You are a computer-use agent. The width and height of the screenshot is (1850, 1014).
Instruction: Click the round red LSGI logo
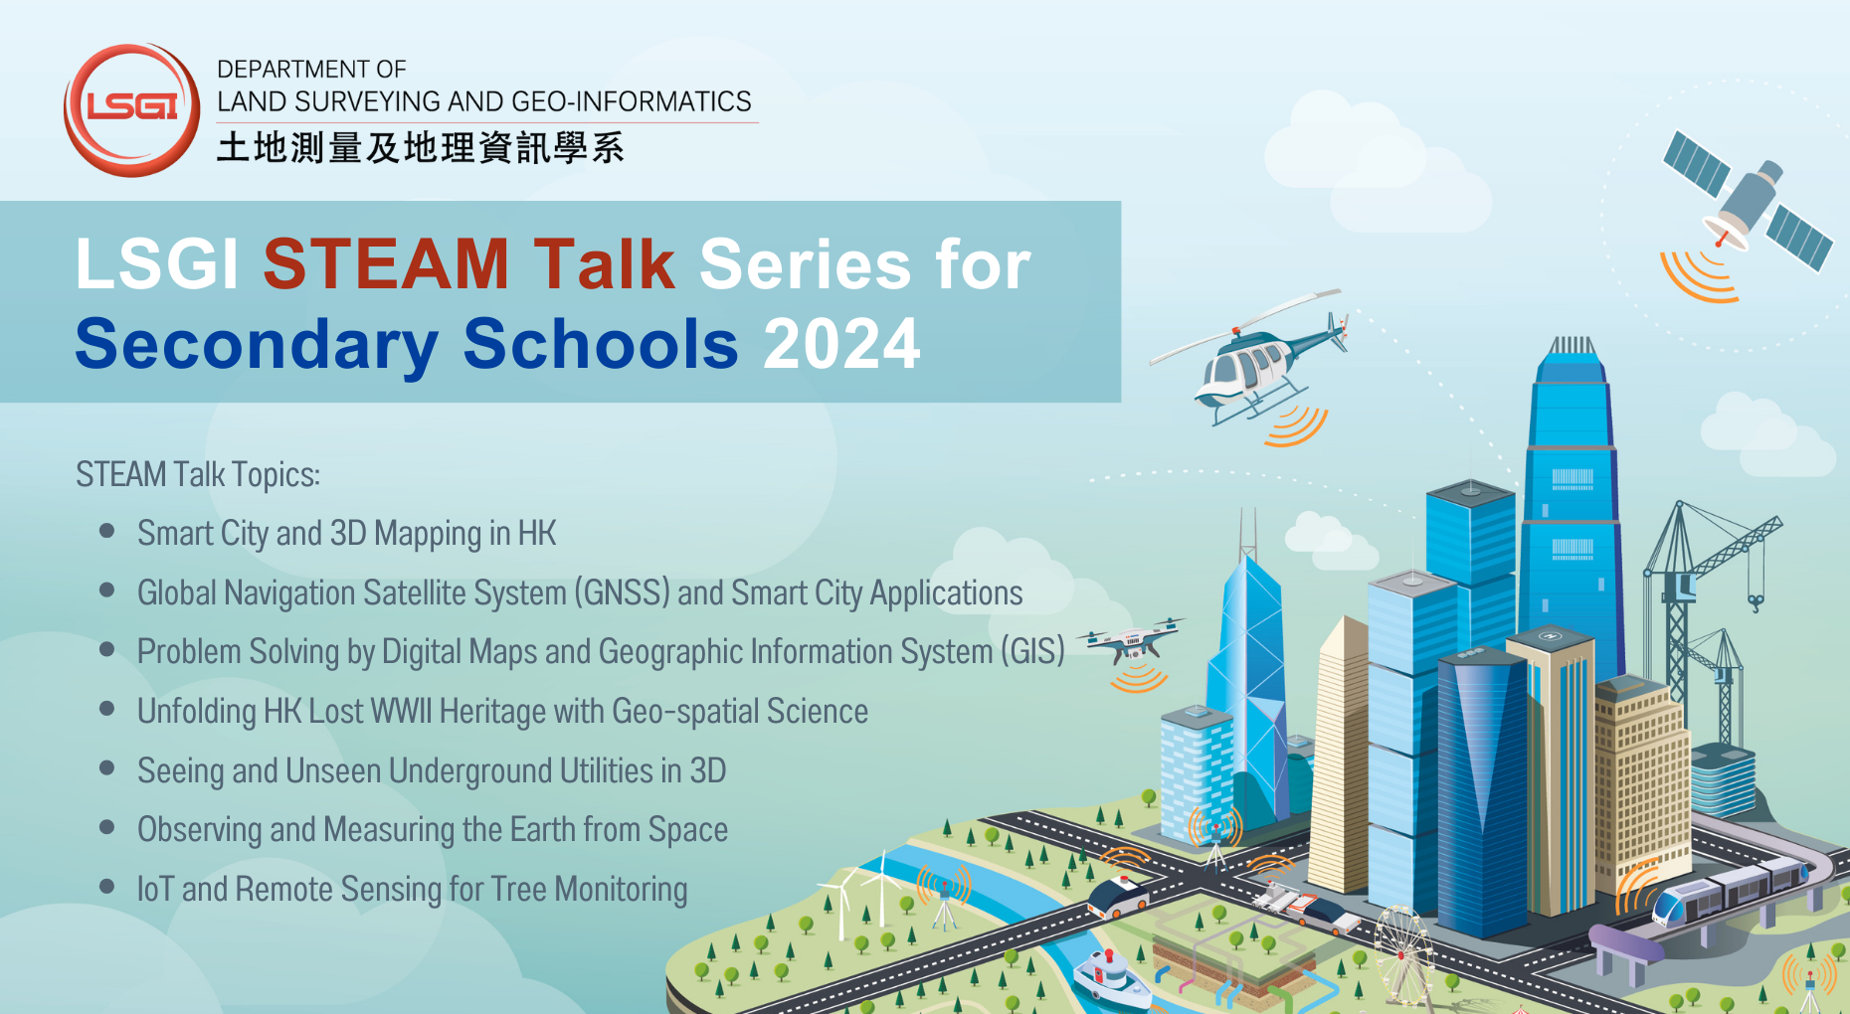(x=131, y=109)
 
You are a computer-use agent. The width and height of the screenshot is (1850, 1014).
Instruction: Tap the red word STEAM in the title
(x=386, y=265)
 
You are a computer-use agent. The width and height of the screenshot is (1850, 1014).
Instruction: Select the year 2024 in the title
(x=841, y=345)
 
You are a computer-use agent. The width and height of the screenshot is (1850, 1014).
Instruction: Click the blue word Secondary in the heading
(x=257, y=345)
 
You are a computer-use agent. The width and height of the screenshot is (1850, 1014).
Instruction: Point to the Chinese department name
(x=420, y=148)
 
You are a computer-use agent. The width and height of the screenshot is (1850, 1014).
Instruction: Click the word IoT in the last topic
(x=155, y=889)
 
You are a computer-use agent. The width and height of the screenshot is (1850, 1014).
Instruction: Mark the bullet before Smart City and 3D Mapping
(x=107, y=532)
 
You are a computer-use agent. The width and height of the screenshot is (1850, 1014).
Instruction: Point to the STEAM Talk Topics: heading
(x=198, y=475)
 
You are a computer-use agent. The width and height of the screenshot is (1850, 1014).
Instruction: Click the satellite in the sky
(x=1748, y=203)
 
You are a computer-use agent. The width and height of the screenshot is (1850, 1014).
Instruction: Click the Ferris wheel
(x=1403, y=949)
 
